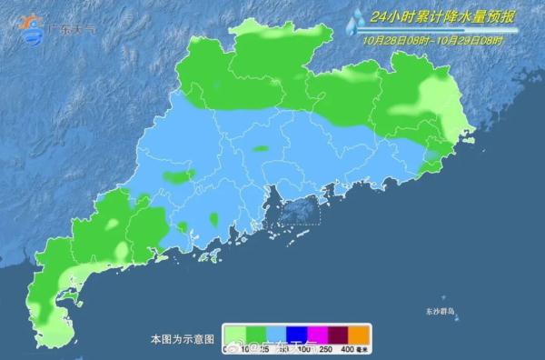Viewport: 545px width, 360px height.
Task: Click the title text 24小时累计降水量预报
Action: pos(445,16)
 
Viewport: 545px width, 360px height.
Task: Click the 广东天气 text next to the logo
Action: pos(74,29)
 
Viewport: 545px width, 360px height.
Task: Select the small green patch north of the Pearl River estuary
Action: pos(261,148)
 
